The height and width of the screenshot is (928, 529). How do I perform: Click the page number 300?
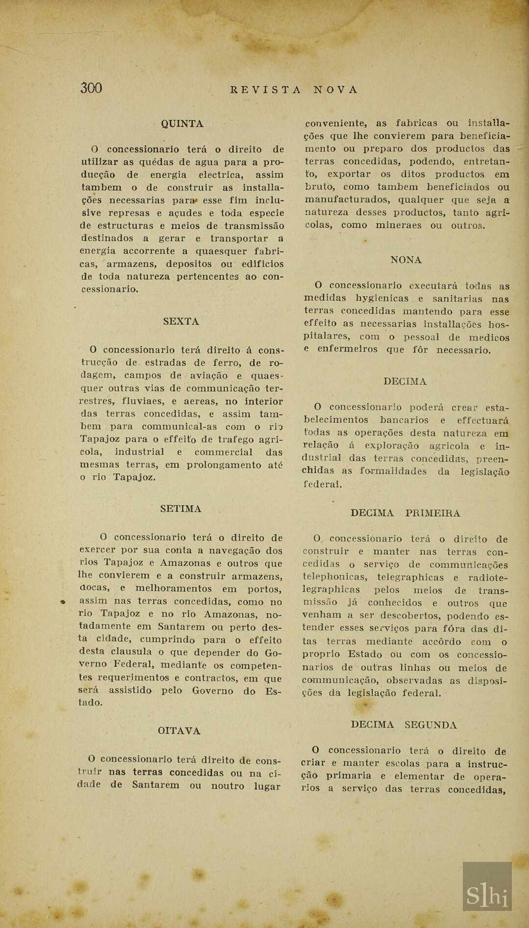91,88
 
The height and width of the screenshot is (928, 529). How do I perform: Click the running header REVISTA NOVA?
294,90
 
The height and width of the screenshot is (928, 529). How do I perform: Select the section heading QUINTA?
182,124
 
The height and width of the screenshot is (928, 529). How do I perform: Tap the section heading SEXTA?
181,321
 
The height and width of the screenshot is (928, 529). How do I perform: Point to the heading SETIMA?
181,509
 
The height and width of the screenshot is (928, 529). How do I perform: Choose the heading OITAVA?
179,731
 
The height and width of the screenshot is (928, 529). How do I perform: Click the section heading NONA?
406,260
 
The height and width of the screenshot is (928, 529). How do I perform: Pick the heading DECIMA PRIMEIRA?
405,513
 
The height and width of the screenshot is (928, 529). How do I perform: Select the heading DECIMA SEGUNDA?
404,725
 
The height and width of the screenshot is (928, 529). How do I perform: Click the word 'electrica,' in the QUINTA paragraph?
220,175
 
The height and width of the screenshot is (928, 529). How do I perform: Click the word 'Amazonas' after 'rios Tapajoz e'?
185,563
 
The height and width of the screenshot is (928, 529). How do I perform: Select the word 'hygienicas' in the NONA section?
382,298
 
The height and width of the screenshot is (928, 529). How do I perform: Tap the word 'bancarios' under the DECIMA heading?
404,420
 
